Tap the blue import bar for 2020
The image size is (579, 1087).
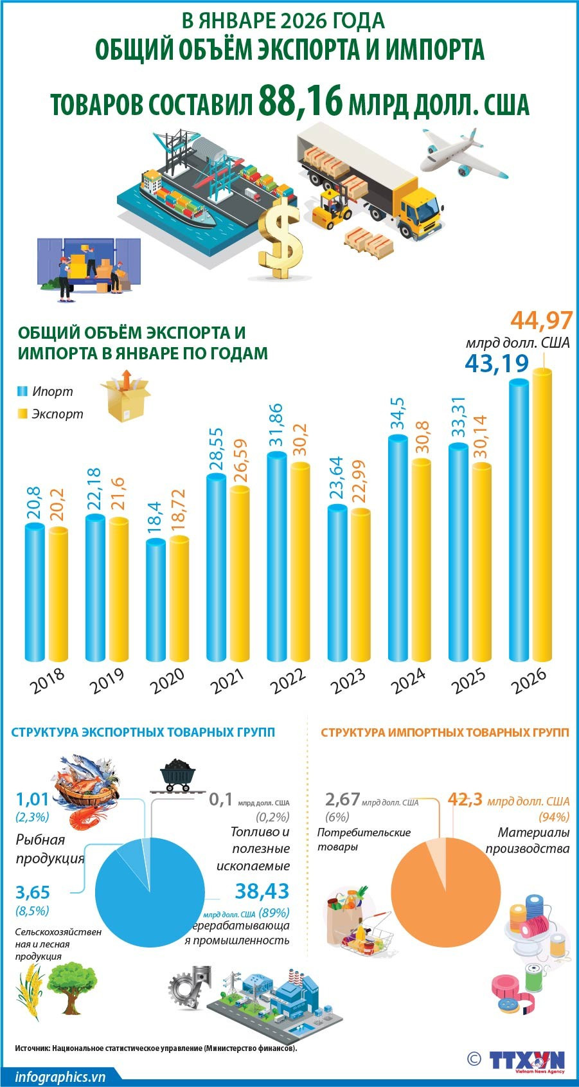[x=156, y=601]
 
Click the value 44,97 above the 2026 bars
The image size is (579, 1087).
[x=539, y=320]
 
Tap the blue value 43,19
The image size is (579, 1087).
[x=497, y=363]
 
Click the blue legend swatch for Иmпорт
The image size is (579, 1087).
[x=22, y=391]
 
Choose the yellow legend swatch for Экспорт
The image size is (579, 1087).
[x=22, y=413]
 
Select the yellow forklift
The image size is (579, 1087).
[x=332, y=209]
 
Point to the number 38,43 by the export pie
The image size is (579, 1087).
[x=262, y=891]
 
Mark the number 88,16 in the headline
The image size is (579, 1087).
[x=300, y=101]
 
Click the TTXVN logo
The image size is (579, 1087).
[x=526, y=1060]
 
